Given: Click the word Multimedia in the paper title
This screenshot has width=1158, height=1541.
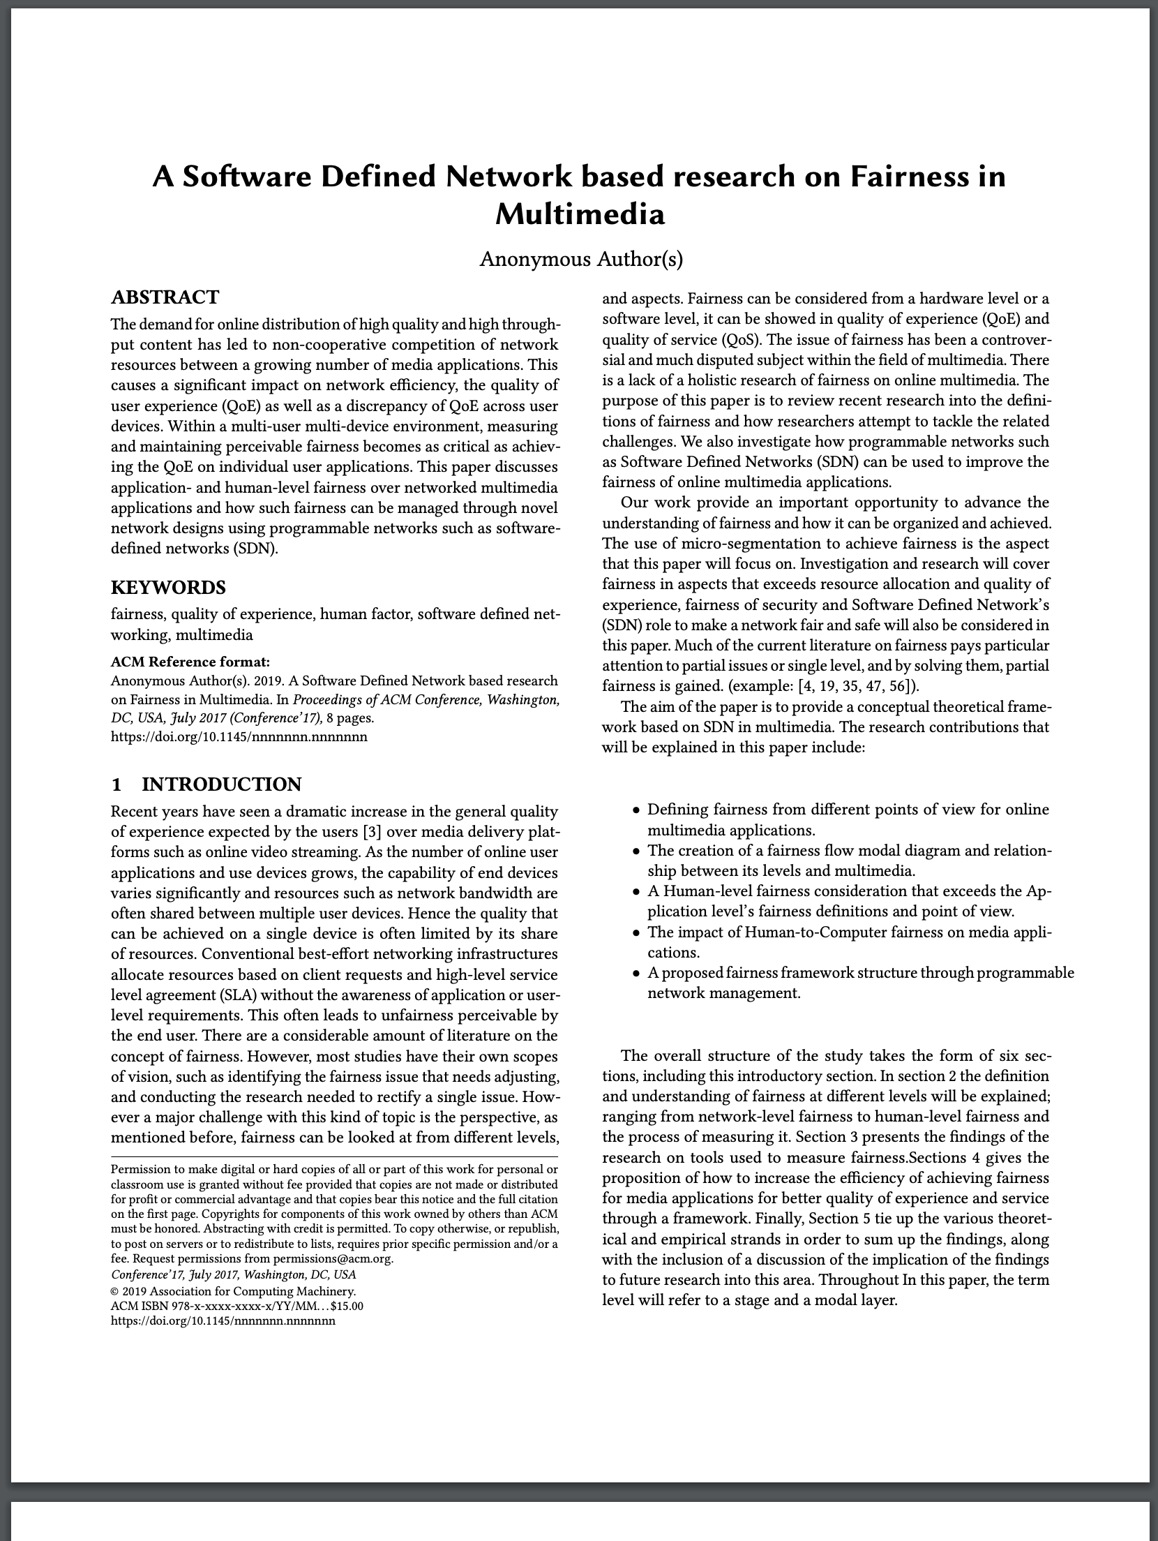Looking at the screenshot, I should click(580, 214).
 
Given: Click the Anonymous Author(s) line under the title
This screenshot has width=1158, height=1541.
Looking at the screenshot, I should click(580, 260).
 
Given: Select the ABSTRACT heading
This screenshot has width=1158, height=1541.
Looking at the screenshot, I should click(165, 297).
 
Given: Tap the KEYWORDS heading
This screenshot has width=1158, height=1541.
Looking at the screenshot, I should click(168, 587).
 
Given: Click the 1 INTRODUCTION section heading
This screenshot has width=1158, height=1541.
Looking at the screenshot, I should click(206, 784).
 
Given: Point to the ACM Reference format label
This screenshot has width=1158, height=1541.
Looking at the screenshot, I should click(190, 662).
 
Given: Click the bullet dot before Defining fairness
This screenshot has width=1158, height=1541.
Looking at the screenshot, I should click(636, 811).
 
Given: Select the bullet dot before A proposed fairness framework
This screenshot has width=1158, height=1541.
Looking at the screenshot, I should click(636, 974).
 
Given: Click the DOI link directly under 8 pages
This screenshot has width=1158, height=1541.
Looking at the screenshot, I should click(239, 736).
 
